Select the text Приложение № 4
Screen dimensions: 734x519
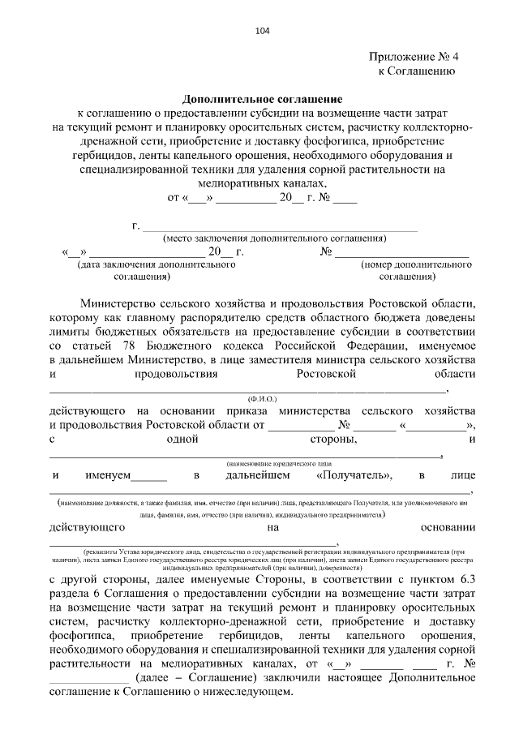[x=413, y=57]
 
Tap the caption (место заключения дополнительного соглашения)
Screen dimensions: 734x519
[x=274, y=238]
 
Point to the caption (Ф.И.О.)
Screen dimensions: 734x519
[x=262, y=399]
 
